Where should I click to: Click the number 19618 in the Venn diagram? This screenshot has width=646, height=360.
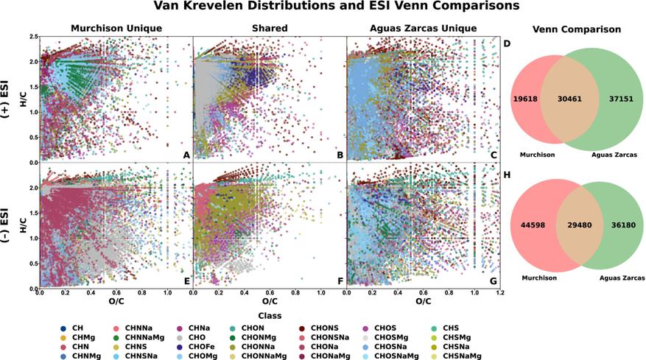(x=525, y=99)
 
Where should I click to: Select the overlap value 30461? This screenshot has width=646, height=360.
(x=569, y=99)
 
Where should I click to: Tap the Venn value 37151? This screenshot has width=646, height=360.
(x=621, y=99)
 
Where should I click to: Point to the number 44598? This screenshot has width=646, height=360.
(x=533, y=225)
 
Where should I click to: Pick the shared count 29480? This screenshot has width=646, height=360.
(x=579, y=225)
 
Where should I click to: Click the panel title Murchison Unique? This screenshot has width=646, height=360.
(x=116, y=29)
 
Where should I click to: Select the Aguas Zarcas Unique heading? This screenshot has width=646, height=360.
(x=423, y=29)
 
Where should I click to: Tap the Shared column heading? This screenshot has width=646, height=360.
(x=270, y=29)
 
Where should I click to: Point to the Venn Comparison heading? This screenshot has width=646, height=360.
(x=576, y=29)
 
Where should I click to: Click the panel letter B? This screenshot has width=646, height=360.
(x=340, y=155)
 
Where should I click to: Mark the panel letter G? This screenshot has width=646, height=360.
(x=493, y=282)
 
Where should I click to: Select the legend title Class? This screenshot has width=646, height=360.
(x=270, y=316)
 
